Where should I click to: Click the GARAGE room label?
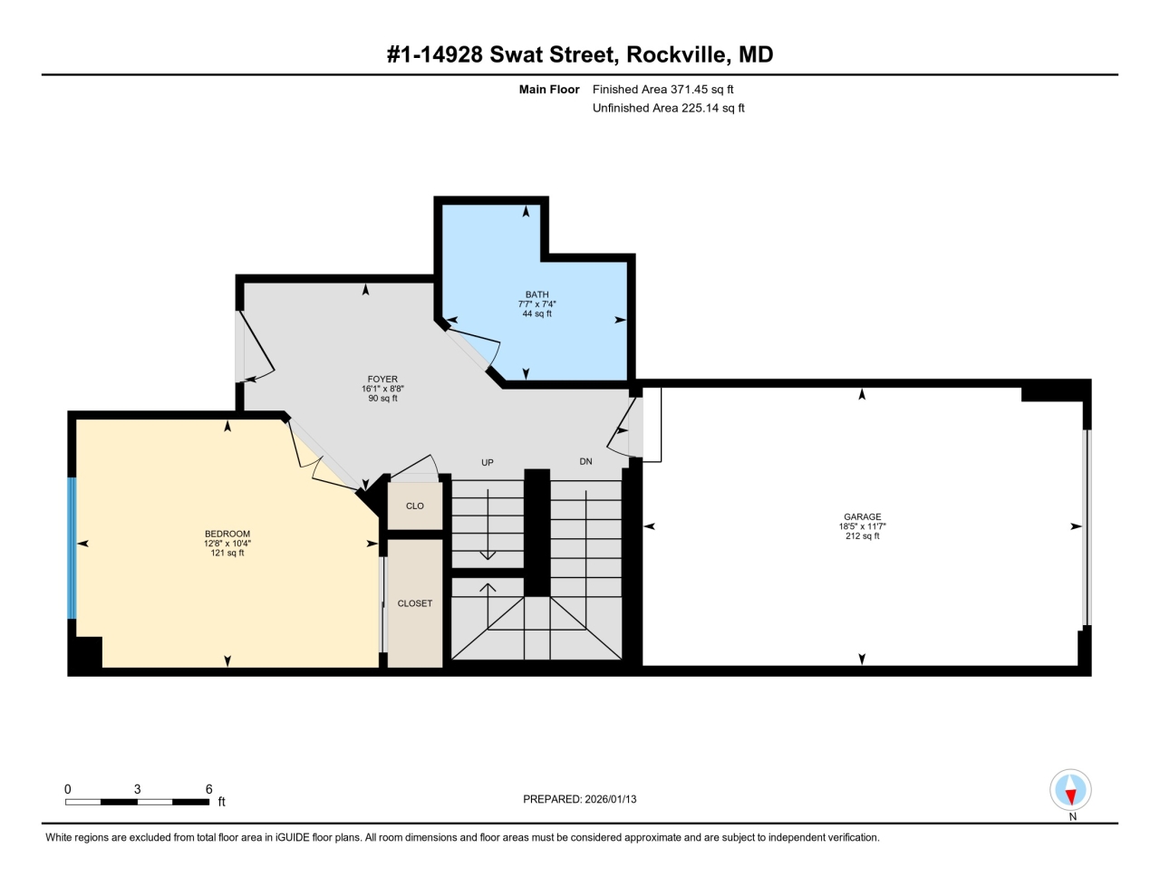pyautogui.click(x=862, y=516)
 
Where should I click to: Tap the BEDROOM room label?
pyautogui.click(x=227, y=534)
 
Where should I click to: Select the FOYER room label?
pyautogui.click(x=382, y=380)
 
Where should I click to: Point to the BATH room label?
pyautogui.click(x=536, y=294)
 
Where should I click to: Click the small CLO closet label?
pyautogui.click(x=415, y=506)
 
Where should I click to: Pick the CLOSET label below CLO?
pyautogui.click(x=415, y=603)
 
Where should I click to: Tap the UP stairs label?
pyautogui.click(x=488, y=462)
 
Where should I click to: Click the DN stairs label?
pyautogui.click(x=586, y=461)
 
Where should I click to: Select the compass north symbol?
pyautogui.click(x=1070, y=791)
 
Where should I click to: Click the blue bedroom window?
pyautogui.click(x=72, y=548)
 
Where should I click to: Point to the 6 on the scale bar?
pyautogui.click(x=208, y=789)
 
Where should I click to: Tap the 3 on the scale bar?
pyautogui.click(x=138, y=789)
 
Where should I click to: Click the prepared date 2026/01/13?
pyautogui.click(x=611, y=799)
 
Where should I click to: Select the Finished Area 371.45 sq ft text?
pyautogui.click(x=662, y=89)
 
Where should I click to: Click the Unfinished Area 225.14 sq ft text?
pyautogui.click(x=668, y=108)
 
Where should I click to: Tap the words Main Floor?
pyautogui.click(x=548, y=89)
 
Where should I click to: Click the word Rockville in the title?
pyautogui.click(x=676, y=54)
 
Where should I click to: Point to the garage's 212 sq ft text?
pyautogui.click(x=862, y=536)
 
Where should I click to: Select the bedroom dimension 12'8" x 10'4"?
pyautogui.click(x=227, y=544)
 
